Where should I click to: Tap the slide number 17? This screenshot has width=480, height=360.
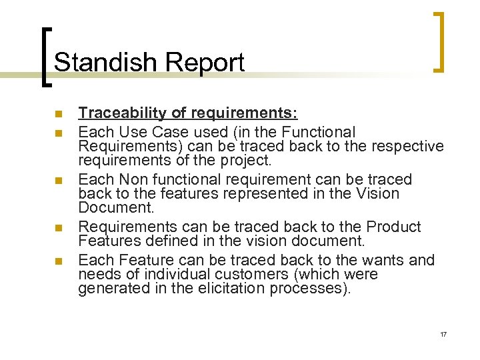click(443, 334)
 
